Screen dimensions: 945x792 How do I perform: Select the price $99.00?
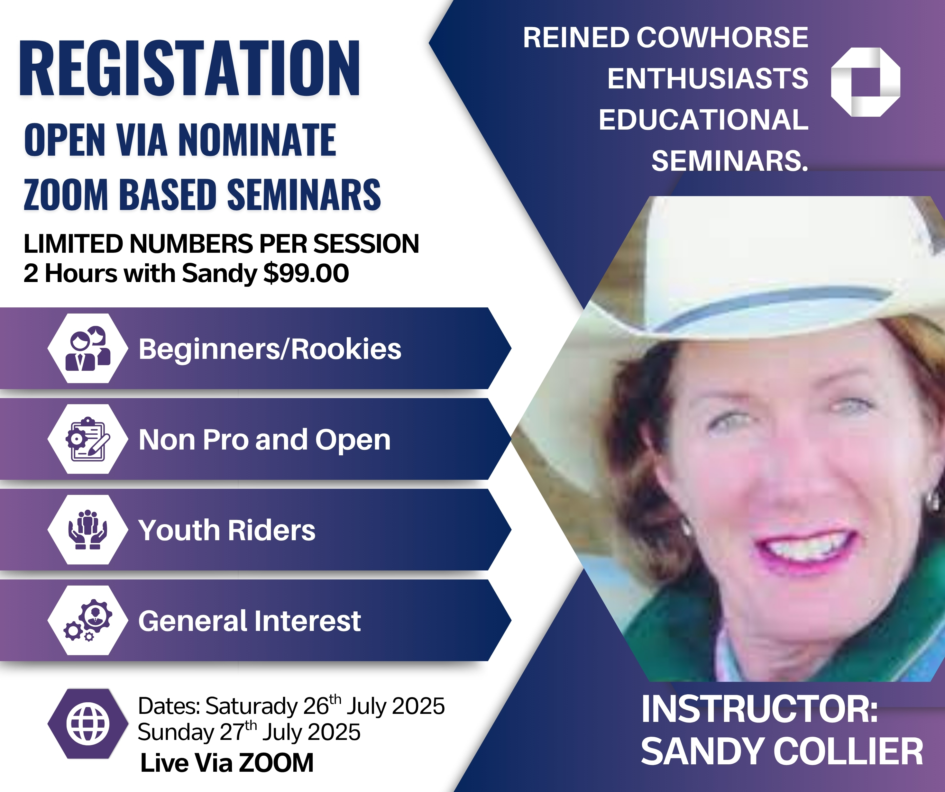[306, 273]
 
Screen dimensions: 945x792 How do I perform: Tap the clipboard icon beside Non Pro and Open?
[88, 439]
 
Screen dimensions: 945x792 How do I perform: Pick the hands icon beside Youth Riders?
[88, 530]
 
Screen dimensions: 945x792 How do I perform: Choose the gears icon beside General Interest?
[88, 620]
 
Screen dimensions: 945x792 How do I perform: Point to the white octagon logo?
[865, 82]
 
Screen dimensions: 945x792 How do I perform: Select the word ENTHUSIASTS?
[708, 78]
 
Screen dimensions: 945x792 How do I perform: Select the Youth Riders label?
[227, 530]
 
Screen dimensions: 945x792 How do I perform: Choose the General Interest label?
[249, 621]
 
